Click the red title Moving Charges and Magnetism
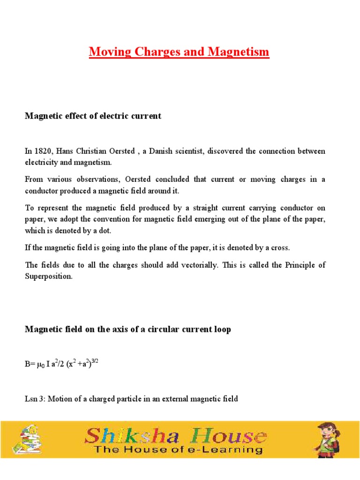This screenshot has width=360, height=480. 179,52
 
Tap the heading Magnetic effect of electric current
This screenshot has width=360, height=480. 93,116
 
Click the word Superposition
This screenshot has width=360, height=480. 49,277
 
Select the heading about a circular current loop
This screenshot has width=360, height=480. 127,330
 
